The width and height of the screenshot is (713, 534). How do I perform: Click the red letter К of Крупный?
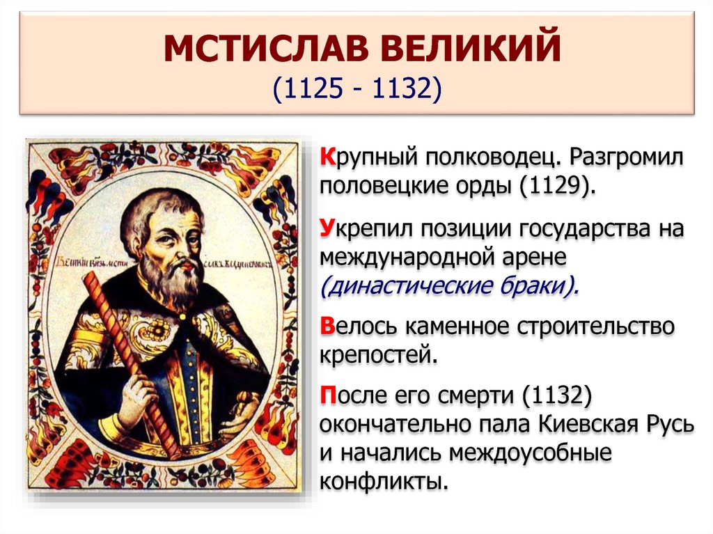(x=327, y=158)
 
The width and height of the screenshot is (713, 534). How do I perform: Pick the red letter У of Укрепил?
(x=327, y=230)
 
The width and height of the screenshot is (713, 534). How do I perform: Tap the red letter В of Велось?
(x=327, y=326)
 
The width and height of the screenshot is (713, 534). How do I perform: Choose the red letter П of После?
(x=328, y=395)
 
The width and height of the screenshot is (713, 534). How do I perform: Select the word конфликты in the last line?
(x=381, y=481)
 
